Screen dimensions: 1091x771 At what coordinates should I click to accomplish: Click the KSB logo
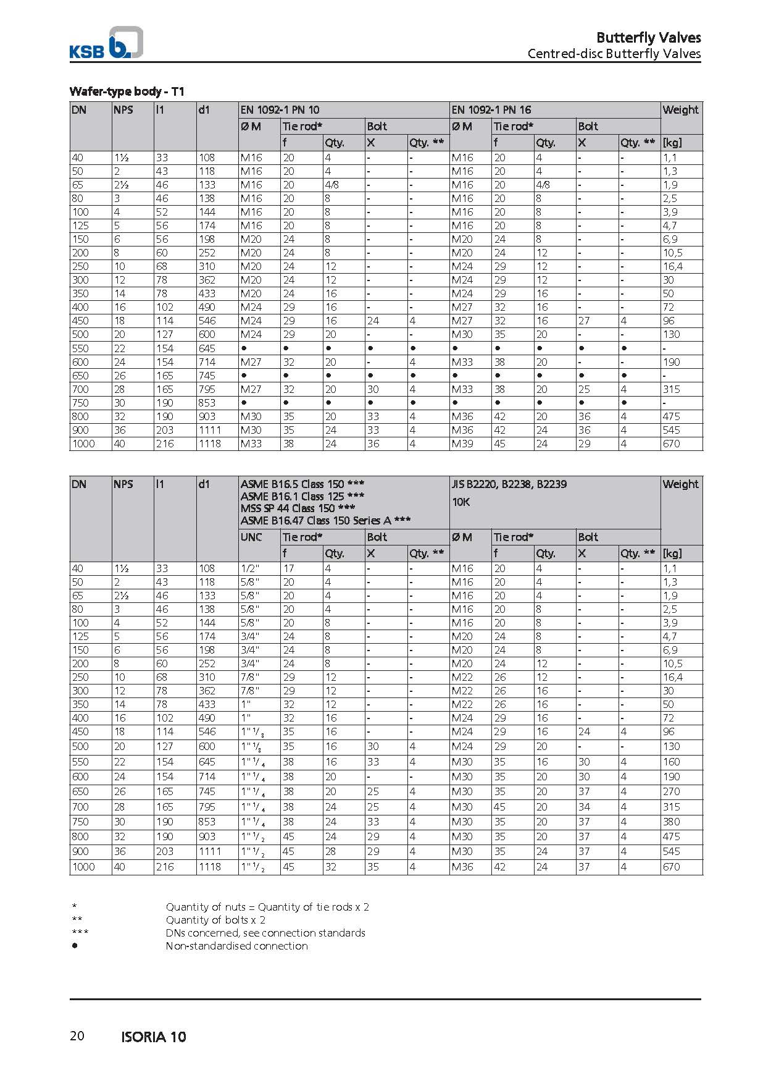click(x=106, y=43)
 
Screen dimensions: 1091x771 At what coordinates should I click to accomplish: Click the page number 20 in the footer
click(x=77, y=1035)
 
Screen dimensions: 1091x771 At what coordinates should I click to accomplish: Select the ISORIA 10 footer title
click(x=154, y=1037)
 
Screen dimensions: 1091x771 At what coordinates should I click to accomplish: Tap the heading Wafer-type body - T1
click(x=127, y=91)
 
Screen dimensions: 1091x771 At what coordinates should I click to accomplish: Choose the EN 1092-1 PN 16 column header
click(x=491, y=110)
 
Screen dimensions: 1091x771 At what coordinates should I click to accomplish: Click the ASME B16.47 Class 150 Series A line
click(x=325, y=520)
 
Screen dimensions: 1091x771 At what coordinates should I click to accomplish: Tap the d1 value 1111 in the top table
click(x=209, y=430)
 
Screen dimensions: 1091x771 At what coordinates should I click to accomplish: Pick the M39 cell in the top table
click(x=462, y=444)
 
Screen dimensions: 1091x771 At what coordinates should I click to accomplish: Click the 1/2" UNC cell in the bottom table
click(x=250, y=568)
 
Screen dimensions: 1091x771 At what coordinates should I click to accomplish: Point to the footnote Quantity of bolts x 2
click(x=215, y=920)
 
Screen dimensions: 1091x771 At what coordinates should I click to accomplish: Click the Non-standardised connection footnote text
click(x=236, y=946)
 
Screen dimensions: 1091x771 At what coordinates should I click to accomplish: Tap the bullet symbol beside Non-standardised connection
click(x=75, y=946)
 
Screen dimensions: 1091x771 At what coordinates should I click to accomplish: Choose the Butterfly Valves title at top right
click(x=648, y=38)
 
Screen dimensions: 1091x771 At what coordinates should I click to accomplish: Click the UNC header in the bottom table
click(x=251, y=537)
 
